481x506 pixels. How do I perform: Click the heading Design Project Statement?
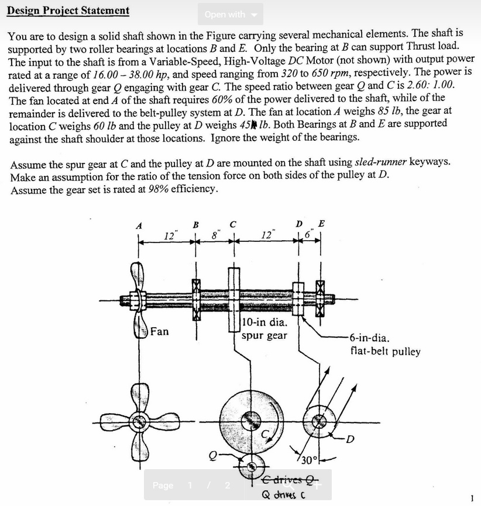(x=68, y=11)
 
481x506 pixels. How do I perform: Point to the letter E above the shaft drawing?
(x=321, y=224)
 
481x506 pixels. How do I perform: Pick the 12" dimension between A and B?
(x=169, y=235)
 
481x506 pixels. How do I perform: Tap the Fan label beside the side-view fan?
(x=159, y=331)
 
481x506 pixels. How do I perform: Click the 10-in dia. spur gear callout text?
(x=265, y=328)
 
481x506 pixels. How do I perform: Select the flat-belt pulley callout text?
(x=384, y=345)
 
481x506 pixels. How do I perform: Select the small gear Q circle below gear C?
(x=252, y=466)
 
